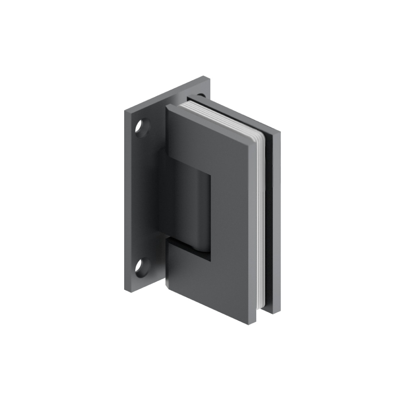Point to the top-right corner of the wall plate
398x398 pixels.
tap(209, 77)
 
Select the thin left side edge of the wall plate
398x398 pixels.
tap(125, 199)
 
